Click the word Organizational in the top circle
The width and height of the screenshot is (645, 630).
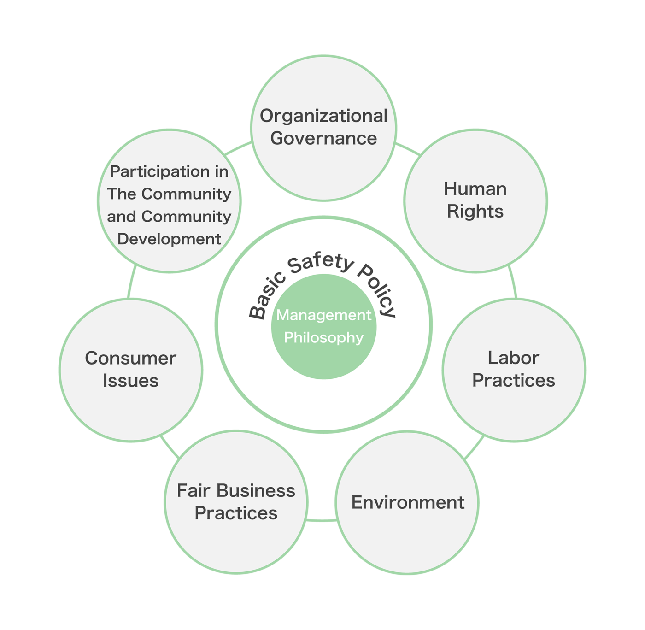tap(323, 116)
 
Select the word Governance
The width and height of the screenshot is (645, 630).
tap(323, 138)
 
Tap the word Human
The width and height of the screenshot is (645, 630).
tap(475, 189)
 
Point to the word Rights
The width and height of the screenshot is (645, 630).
tap(475, 212)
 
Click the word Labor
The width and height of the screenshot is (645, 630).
tap(513, 358)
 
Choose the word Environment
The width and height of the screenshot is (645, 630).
tap(408, 502)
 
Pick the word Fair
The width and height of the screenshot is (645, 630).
tap(193, 491)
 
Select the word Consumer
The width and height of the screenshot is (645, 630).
tap(130, 359)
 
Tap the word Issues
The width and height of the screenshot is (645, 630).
tap(130, 381)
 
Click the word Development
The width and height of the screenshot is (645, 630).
tap(169, 239)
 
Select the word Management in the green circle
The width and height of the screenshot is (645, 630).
tap(323, 315)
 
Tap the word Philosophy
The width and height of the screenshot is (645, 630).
tap(323, 338)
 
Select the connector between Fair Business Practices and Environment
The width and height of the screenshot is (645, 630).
tap(322, 520)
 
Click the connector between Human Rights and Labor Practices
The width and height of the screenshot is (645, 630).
tap(513, 282)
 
